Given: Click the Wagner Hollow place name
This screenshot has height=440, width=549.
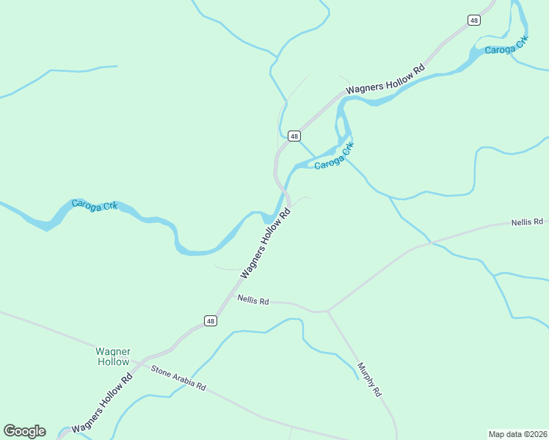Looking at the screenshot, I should (112, 356).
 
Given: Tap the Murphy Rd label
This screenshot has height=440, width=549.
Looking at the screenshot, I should (370, 380).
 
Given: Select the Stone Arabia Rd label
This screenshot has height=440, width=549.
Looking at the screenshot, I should (178, 377).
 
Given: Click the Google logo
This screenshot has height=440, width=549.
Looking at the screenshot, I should (24, 431).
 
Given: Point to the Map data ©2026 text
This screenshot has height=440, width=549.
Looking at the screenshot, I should (517, 433).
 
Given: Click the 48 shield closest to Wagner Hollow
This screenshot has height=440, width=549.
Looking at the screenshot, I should (211, 321).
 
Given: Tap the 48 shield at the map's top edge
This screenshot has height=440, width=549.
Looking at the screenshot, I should (474, 21).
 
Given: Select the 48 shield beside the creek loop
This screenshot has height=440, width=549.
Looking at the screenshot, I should (294, 136).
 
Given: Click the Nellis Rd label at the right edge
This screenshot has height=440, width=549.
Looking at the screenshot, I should (527, 221).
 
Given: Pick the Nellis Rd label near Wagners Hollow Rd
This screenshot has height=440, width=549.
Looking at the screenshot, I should (253, 301).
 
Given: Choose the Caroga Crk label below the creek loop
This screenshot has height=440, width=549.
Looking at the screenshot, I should (334, 156).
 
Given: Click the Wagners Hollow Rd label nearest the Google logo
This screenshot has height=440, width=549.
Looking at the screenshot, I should (102, 403).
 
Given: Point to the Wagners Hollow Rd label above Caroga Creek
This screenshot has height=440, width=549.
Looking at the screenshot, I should (385, 78).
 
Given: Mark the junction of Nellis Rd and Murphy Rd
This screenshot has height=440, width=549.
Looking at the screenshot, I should (328, 311).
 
